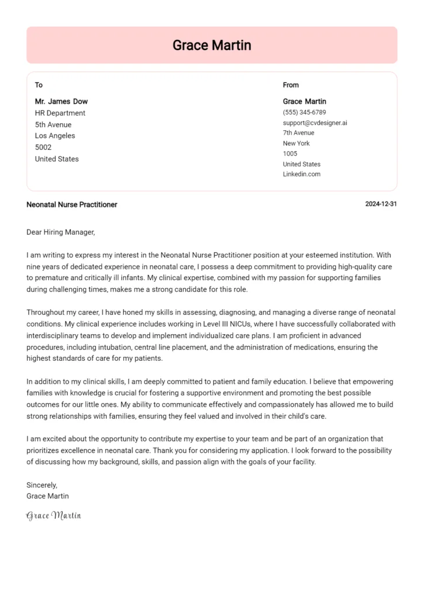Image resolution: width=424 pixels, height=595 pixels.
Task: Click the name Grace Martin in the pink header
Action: tap(211, 45)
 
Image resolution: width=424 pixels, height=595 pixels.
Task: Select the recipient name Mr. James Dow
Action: tap(61, 102)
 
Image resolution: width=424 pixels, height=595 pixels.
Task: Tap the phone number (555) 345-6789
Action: tap(304, 112)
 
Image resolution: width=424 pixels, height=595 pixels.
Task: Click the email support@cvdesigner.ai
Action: tap(315, 123)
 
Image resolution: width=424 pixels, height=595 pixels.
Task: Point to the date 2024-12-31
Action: tap(381, 205)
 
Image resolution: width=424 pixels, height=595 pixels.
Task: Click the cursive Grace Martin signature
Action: tap(53, 515)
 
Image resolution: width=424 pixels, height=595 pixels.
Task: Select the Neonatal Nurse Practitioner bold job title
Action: tap(71, 205)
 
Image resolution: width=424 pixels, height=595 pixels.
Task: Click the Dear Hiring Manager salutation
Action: tap(60, 232)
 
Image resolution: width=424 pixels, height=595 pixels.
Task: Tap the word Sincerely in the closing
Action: tap(42, 485)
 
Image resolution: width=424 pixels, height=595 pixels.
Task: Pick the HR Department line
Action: tap(60, 113)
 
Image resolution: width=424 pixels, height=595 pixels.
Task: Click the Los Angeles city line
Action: tap(55, 136)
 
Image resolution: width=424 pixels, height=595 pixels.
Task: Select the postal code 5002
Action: tap(43, 148)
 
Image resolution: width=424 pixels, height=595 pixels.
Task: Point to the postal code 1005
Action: tap(290, 153)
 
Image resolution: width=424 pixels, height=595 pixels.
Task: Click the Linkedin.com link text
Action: tap(301, 174)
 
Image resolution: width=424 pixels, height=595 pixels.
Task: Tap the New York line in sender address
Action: tap(296, 144)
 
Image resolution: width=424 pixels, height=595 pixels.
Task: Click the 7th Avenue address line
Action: tap(298, 133)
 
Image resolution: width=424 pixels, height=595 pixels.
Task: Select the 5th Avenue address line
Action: tap(53, 125)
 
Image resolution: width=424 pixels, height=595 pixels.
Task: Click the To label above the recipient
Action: tap(39, 85)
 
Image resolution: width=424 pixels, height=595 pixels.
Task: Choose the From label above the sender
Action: tap(290, 85)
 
